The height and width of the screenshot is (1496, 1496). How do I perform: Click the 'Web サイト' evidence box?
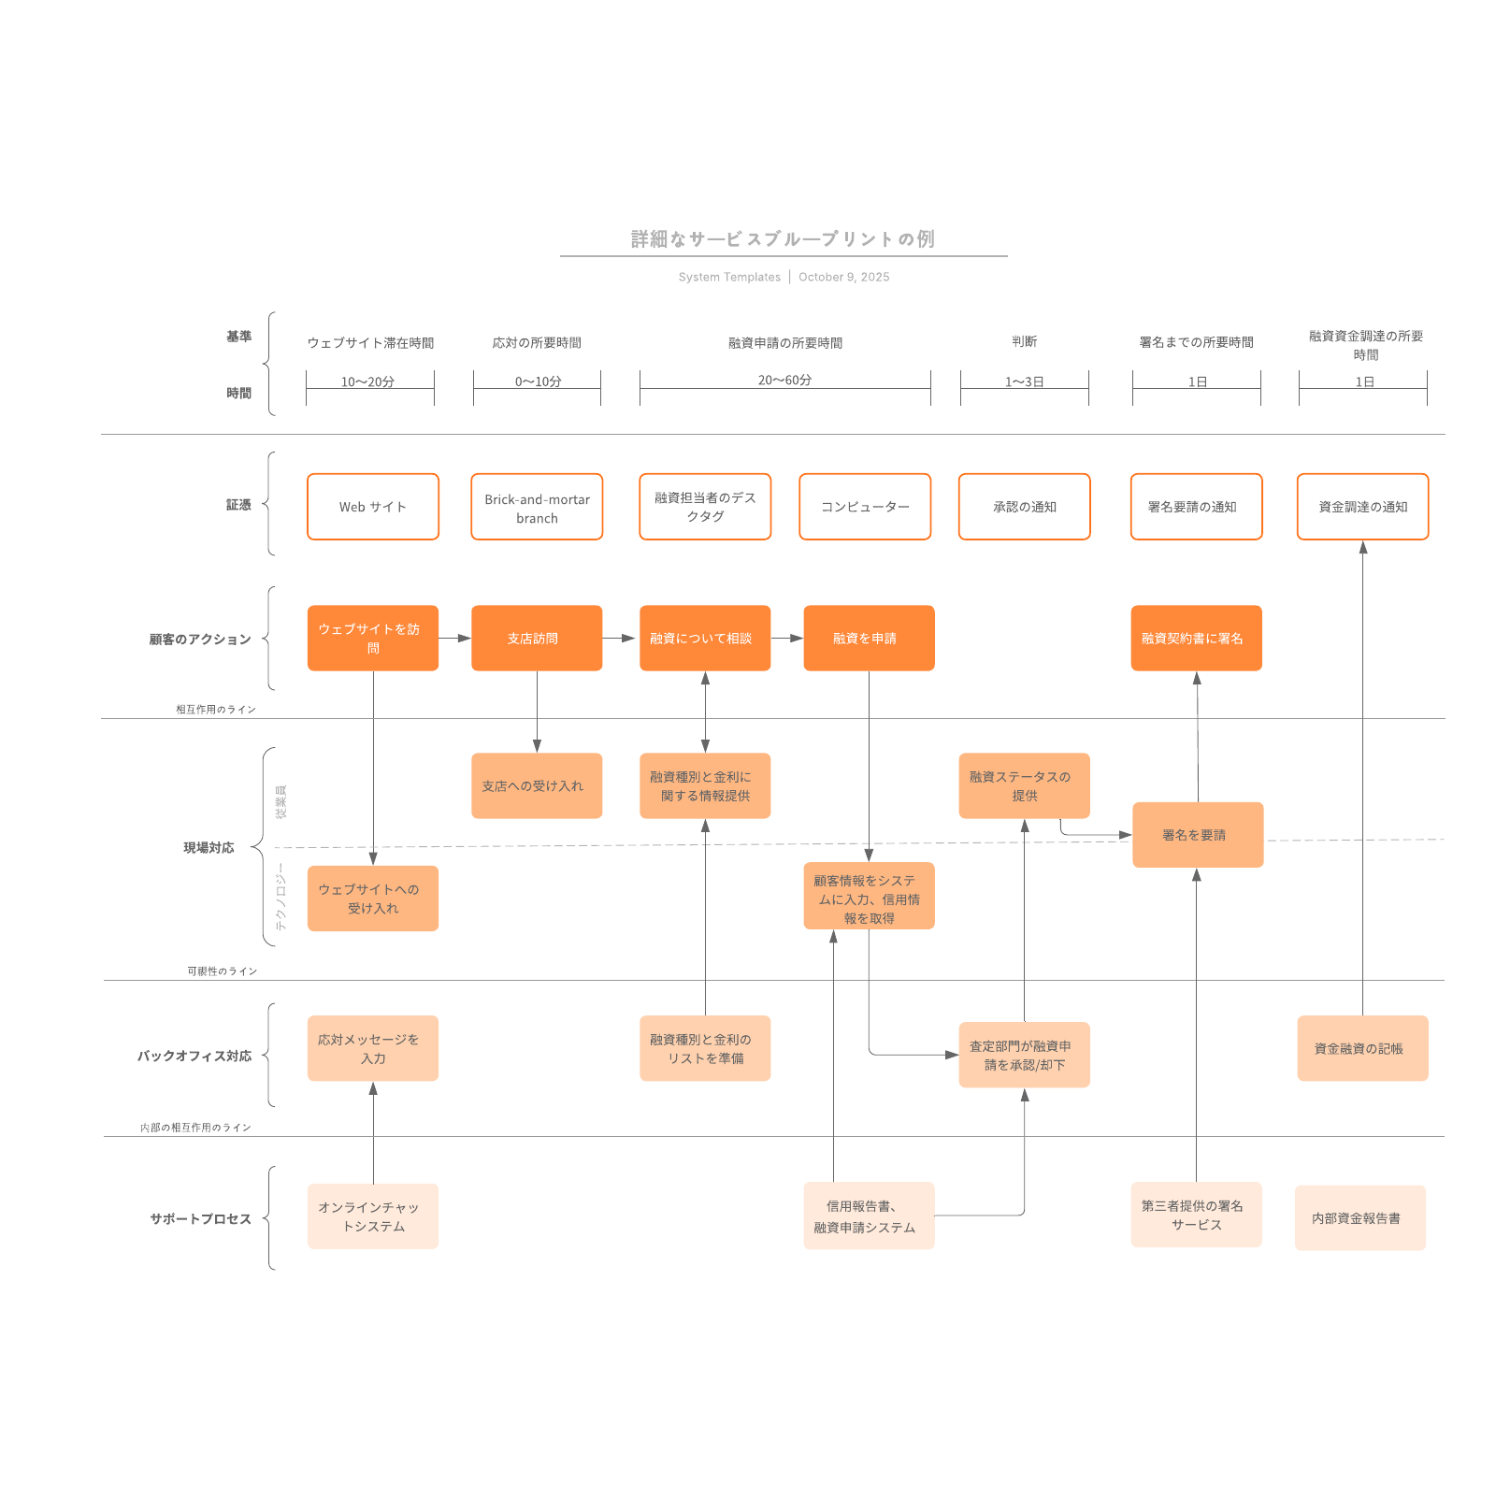(372, 507)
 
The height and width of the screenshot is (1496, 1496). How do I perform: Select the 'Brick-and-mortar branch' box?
(537, 507)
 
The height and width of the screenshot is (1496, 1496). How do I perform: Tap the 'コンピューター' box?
(865, 507)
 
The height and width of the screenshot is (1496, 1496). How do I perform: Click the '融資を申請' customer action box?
(869, 639)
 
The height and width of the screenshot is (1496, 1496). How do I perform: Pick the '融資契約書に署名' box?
(1196, 639)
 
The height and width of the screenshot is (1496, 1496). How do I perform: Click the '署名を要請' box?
(1197, 835)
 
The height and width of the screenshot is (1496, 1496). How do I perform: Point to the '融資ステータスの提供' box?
(1024, 786)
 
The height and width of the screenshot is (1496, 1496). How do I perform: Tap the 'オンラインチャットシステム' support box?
(372, 1216)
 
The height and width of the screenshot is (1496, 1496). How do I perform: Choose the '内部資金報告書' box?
(1359, 1218)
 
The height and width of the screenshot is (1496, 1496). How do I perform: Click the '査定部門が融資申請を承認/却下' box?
(1024, 1055)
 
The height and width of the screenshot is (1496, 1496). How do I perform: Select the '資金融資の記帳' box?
(1362, 1048)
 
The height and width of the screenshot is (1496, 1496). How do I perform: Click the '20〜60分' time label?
(784, 380)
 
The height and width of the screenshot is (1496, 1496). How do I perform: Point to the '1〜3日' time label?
(1024, 381)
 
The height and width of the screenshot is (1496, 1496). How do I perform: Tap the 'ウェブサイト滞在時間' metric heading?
(370, 343)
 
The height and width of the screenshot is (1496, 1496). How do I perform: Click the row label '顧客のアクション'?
(200, 640)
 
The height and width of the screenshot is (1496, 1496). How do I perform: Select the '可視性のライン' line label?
(222, 971)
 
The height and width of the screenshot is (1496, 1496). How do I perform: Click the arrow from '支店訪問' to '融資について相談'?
(620, 639)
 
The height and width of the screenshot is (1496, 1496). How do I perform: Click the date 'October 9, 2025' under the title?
(843, 277)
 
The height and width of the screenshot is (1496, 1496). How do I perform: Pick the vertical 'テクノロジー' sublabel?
(280, 898)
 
